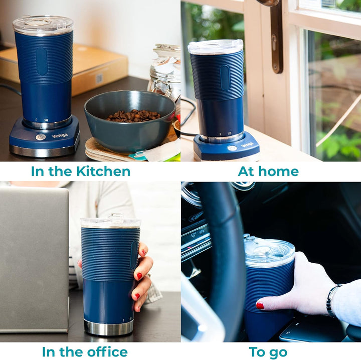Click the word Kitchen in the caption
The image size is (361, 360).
click(103, 171)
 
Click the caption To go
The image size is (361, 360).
click(268, 352)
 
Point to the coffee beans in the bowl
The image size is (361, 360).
click(133, 116)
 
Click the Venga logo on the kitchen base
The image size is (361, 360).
click(60, 135)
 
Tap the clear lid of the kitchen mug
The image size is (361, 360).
click(43, 25)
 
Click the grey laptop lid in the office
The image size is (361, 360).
click(34, 259)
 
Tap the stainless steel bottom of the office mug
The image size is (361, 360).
click(108, 327)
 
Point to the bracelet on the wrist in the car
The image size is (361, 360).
click(331, 300)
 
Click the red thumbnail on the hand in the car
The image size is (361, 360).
click(260, 306)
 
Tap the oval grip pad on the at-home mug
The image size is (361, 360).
click(225, 78)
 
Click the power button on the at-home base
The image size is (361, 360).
click(232, 148)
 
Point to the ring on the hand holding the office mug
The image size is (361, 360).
click(149, 275)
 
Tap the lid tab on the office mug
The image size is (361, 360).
click(116, 218)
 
